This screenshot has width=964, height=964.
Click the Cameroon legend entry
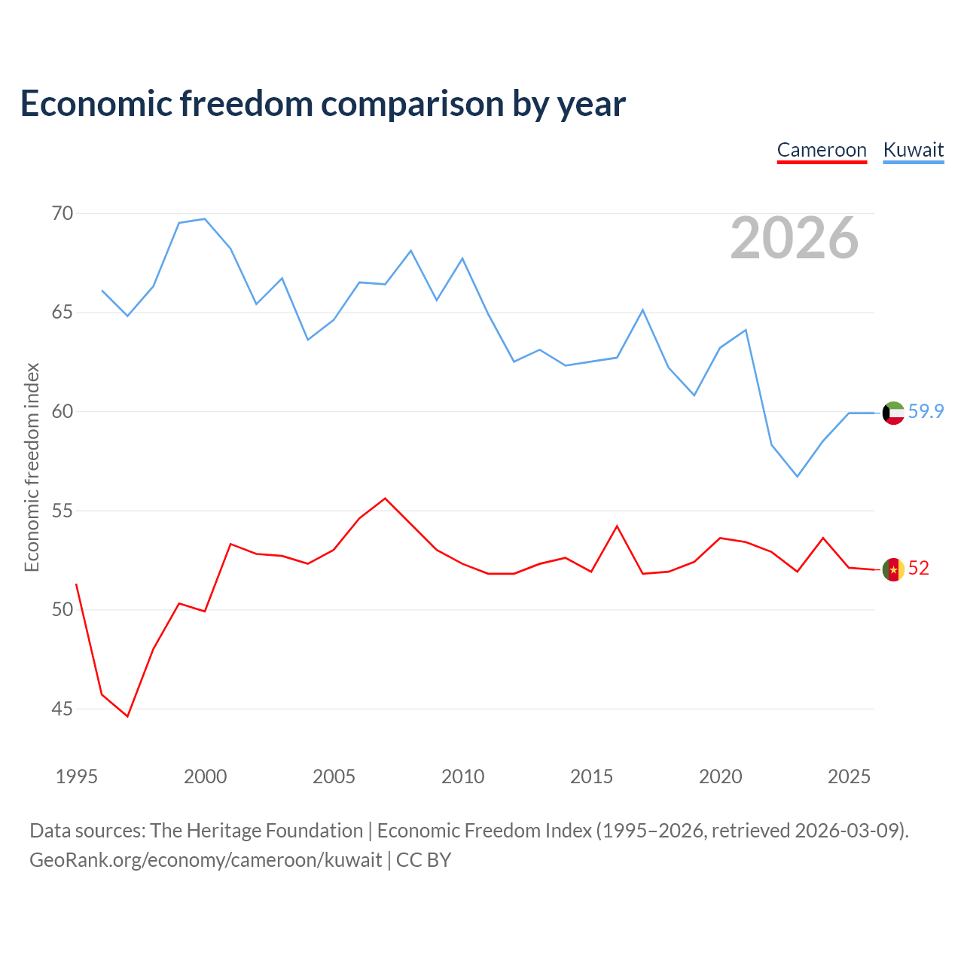tap(822, 151)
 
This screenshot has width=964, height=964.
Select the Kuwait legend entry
tap(914, 151)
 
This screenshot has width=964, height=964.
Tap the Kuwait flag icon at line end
tap(893, 413)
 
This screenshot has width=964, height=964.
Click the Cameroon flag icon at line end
tap(893, 569)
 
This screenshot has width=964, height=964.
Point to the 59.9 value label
tap(926, 411)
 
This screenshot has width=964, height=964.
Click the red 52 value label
tap(919, 569)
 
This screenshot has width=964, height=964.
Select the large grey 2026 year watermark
tap(795, 238)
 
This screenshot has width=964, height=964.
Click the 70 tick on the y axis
tap(63, 214)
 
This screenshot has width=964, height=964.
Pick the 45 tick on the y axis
tap(63, 709)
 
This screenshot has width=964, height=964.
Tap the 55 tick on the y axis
tap(63, 511)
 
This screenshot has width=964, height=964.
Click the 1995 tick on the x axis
tap(77, 776)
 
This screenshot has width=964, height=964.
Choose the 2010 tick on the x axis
tap(462, 776)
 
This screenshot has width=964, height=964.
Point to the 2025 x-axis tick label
tap(849, 776)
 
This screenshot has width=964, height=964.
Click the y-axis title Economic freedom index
tap(32, 467)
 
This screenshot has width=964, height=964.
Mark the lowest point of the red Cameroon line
tap(127, 716)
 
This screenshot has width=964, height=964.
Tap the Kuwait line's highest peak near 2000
tap(205, 218)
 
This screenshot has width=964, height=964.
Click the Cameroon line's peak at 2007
tap(385, 499)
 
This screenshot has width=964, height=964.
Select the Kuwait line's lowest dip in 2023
tap(798, 477)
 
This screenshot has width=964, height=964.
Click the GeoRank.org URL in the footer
tap(206, 860)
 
